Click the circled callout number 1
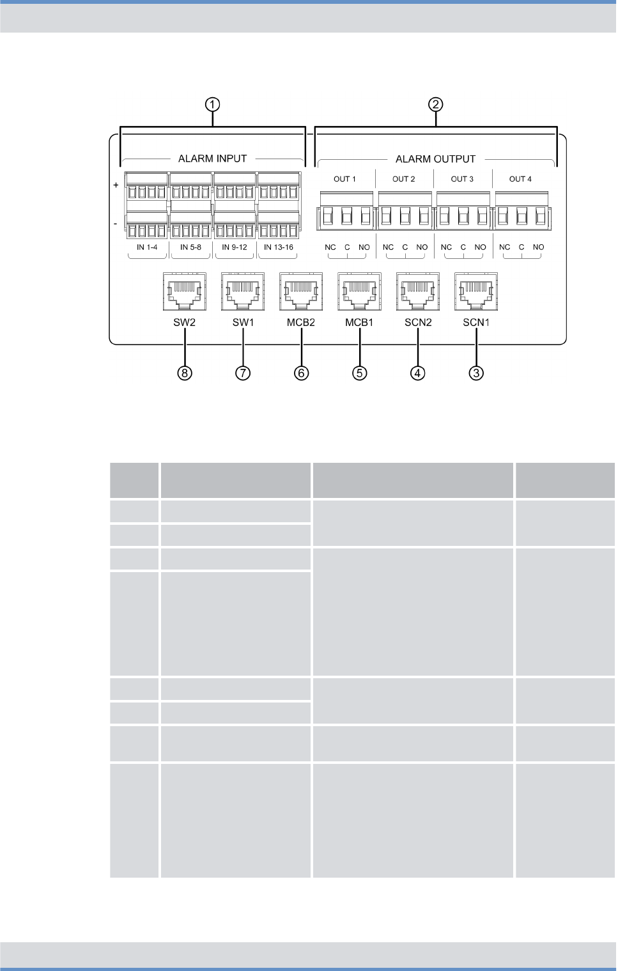pos(212,104)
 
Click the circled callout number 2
pos(435,104)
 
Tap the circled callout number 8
pos(185,373)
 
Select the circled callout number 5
pos(360,373)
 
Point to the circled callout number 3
pos(476,373)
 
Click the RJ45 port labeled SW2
pos(185,291)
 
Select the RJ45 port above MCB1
pos(360,291)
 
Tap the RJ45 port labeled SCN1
pos(476,291)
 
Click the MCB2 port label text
pos(301,323)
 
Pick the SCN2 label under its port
pos(418,323)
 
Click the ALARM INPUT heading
pos(212,159)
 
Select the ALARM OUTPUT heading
pos(435,159)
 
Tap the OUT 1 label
pos(344,179)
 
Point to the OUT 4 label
pos(520,179)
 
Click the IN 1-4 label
pos(147,247)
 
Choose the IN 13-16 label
pos(279,247)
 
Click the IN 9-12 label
pos(235,247)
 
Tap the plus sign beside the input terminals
pos(116,185)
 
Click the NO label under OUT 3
pos(481,247)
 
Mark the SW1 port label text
pos(243,323)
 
